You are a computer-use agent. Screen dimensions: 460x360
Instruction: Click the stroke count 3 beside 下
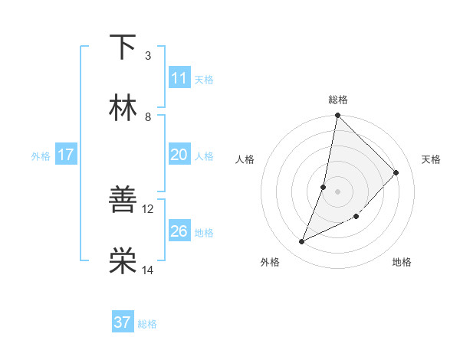tap(148, 55)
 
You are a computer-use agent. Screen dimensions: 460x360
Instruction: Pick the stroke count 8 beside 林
tap(148, 116)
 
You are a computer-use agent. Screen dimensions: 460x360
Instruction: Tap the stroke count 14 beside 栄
tap(148, 269)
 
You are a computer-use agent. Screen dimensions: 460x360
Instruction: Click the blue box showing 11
tap(179, 78)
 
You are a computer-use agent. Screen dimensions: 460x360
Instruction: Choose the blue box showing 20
tap(179, 155)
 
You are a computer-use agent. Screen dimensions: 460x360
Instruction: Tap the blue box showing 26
tap(179, 231)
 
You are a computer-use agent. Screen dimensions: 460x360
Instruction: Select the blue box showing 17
tap(66, 155)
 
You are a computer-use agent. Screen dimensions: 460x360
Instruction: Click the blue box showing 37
tap(123, 322)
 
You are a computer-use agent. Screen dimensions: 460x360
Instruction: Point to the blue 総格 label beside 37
tap(147, 324)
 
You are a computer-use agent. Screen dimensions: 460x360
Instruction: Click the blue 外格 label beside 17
tap(41, 155)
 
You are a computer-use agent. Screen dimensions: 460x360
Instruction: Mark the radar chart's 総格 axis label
tap(338, 100)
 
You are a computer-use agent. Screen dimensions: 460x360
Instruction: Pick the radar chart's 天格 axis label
tap(432, 159)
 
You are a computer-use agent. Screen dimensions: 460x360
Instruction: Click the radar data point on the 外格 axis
tap(302, 242)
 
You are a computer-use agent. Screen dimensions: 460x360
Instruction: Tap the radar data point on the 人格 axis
tap(324, 187)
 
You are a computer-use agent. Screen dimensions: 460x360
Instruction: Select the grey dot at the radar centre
tap(338, 191)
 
